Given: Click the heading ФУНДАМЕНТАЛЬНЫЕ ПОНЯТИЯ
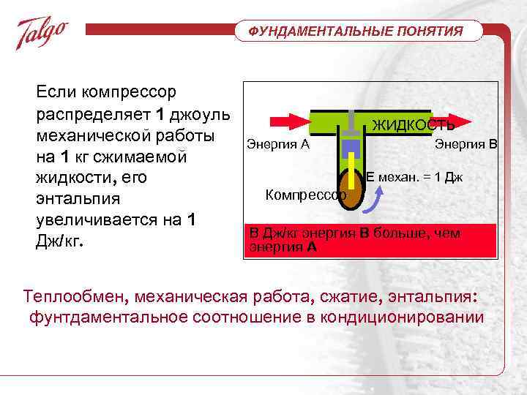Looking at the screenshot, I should (356, 31).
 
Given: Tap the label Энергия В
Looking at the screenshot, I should (466, 143).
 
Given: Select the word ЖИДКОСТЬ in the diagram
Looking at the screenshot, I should (414, 125).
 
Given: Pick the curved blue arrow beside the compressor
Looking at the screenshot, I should (375, 198).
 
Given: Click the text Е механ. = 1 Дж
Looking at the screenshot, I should (414, 177).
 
